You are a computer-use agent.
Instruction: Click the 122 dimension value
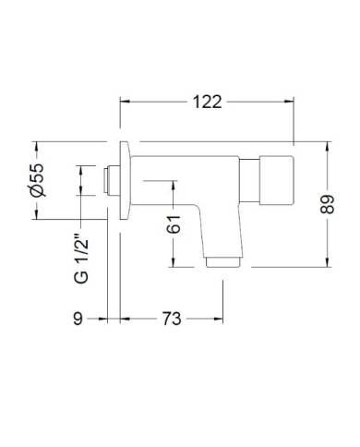207,102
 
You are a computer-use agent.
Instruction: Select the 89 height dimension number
327,204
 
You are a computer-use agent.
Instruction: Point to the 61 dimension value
174,224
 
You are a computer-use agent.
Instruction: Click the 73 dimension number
172,319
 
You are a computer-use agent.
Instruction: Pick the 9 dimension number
78,319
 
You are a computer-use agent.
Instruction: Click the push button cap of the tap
277,180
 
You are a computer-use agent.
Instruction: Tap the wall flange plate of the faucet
126,181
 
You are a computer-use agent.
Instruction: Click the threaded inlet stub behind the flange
111,180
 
